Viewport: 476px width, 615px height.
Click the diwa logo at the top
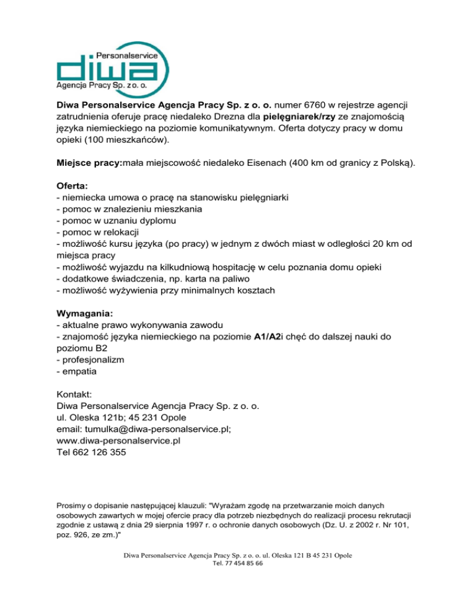pyautogui.click(x=112, y=66)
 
